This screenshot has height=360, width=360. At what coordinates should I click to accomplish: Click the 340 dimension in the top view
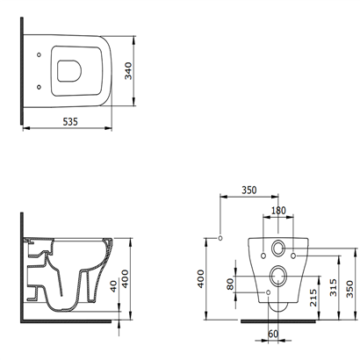tap(128, 71)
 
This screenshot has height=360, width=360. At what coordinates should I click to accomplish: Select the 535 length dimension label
tap(70, 121)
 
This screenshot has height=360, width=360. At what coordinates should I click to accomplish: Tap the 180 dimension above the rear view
tap(278, 211)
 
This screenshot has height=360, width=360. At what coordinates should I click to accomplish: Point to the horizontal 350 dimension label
tap(249, 191)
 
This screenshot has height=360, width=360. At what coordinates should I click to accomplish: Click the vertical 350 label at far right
tap(349, 289)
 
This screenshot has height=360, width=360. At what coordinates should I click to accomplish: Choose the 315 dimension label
tap(334, 287)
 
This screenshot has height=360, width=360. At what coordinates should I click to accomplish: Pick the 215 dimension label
tap(313, 298)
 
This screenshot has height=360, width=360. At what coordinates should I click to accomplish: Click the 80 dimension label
tap(230, 284)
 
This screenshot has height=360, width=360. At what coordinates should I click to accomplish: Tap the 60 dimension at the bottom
tap(273, 334)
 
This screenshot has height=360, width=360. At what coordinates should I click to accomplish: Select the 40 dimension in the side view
tap(113, 286)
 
